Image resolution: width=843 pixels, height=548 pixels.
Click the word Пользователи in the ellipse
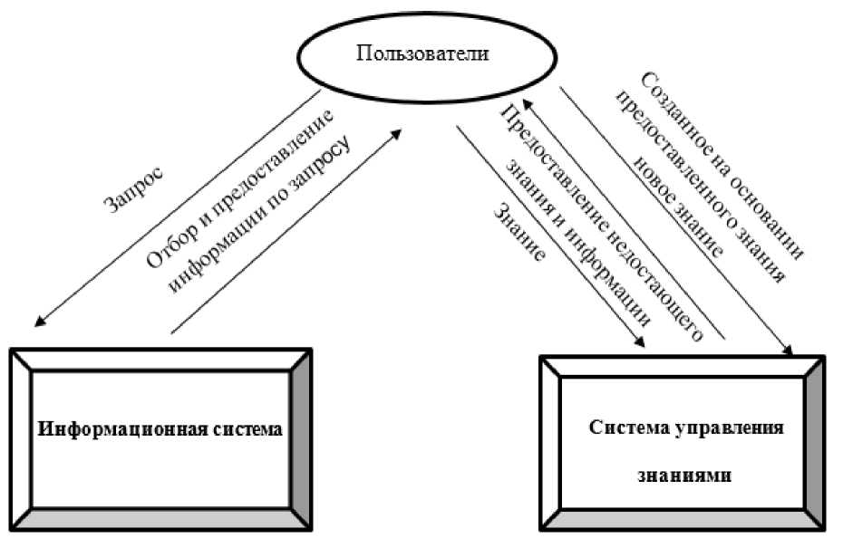pos(421,53)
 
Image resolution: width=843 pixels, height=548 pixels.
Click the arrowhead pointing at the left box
pos(37,320)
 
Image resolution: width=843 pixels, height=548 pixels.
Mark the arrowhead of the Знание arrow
pos(641,341)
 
